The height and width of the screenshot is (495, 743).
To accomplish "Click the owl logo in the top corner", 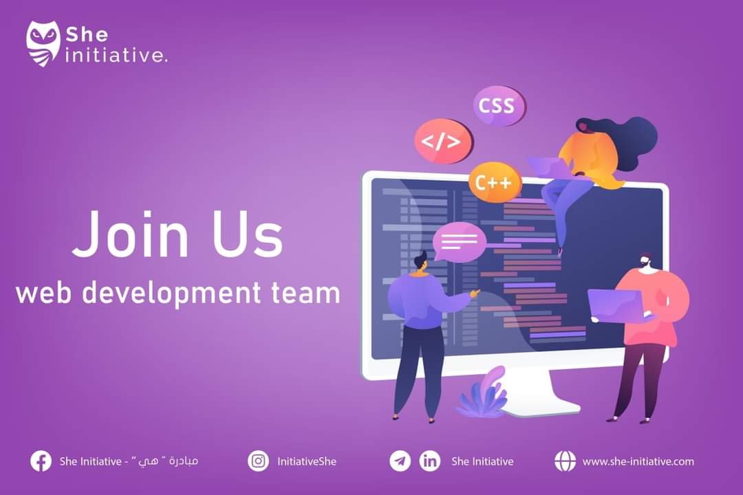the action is point(43,43).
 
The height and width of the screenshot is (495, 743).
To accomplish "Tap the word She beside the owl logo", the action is point(87,34).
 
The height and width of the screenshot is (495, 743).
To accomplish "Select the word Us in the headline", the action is point(248,234).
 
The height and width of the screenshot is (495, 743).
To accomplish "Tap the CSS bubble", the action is point(499,106).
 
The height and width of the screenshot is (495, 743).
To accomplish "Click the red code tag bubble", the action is point(443,141).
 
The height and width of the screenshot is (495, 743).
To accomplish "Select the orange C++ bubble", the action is point(494,182).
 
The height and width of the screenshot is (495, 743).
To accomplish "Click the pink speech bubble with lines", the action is point(459,242).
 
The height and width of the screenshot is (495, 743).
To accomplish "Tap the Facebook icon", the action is point(41,461).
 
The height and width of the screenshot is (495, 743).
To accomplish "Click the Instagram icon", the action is point(258,461).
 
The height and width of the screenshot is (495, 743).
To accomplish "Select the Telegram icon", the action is point(400,461).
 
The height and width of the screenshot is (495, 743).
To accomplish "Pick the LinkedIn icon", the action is point(430,461).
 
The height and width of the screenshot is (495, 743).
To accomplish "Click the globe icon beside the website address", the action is point(565,461).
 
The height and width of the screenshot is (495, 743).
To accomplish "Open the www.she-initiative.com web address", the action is point(638,461).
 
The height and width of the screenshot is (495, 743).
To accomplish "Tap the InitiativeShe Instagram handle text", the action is point(307,461).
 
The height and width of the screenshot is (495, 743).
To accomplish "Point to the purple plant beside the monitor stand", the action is point(484,393).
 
